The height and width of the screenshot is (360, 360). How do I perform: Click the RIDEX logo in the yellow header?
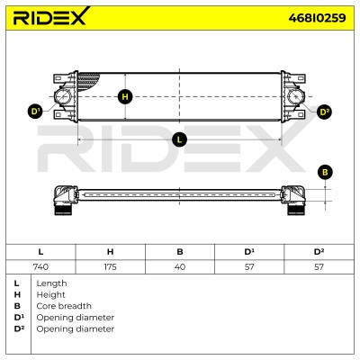click(x=51, y=16)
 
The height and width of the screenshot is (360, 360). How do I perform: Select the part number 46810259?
click(x=317, y=18)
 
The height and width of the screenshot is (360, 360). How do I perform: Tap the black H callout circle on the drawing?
click(x=125, y=97)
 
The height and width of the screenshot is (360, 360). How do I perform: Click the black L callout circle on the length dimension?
click(x=179, y=139)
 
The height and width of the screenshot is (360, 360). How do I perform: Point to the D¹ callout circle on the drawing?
click(x=36, y=112)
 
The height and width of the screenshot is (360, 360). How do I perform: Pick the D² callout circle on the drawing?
click(x=324, y=112)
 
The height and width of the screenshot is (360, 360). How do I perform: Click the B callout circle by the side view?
click(x=325, y=173)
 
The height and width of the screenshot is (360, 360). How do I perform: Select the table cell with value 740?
click(x=40, y=266)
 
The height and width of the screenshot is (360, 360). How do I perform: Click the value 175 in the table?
click(x=110, y=266)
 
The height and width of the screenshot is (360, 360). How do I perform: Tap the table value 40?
click(x=180, y=266)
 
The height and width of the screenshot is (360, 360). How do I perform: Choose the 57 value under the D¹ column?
click(x=249, y=266)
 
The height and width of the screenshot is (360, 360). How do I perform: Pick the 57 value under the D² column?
click(x=319, y=266)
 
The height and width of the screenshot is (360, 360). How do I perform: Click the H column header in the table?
click(x=110, y=252)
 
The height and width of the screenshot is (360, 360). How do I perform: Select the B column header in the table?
click(x=180, y=252)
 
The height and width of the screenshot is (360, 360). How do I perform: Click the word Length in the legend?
click(x=51, y=283)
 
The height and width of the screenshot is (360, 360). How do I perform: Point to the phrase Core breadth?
click(x=64, y=306)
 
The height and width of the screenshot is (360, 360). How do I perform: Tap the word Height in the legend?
click(x=50, y=295)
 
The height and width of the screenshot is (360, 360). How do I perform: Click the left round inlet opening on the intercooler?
click(x=62, y=96)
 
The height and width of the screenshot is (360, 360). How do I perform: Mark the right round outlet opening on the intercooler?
click(x=296, y=96)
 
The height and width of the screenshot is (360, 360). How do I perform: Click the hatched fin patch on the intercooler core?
click(x=87, y=81)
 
